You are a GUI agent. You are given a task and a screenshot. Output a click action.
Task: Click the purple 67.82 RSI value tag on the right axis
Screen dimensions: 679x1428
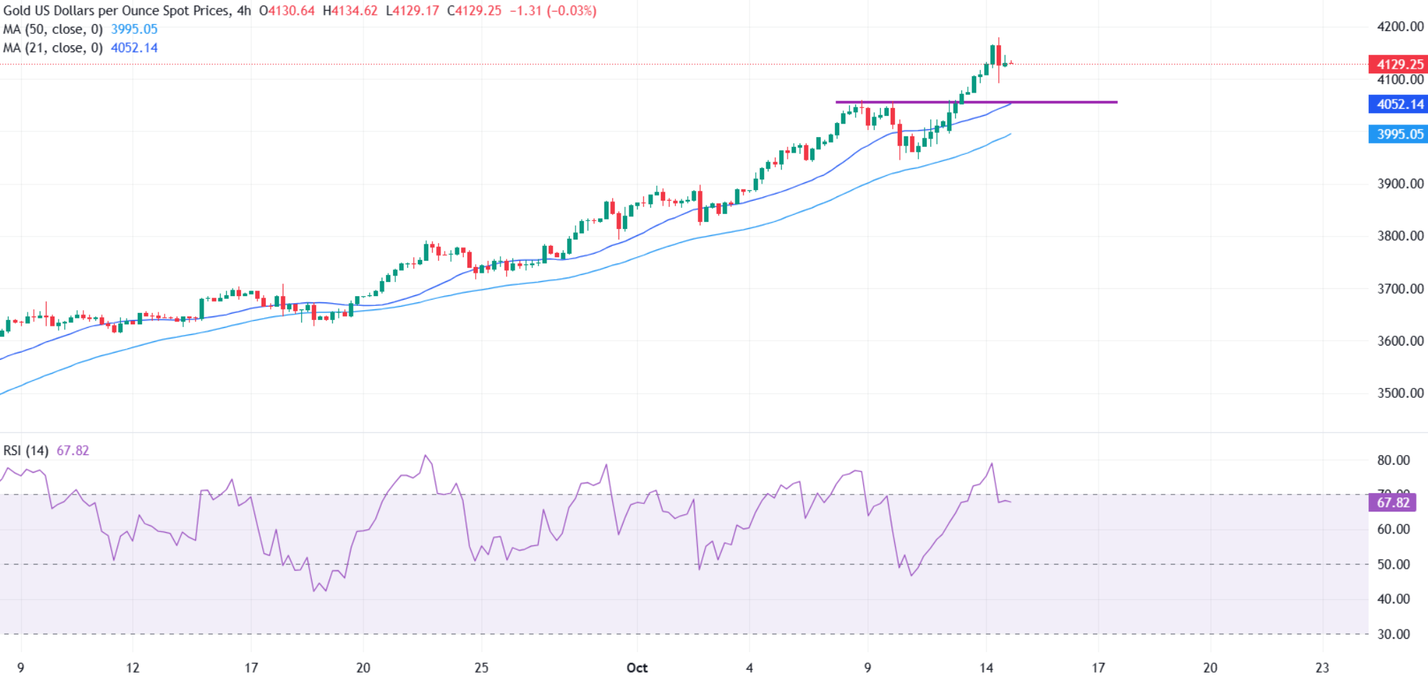pos(1392,502)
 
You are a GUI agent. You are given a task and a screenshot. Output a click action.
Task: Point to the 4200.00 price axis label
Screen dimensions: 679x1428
pos(1400,27)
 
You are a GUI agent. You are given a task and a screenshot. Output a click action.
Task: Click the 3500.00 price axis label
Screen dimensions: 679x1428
pos(1400,393)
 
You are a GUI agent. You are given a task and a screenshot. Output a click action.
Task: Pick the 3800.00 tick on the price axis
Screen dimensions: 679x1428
pos(1400,236)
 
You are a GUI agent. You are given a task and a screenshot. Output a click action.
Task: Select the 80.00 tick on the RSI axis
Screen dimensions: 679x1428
pos(1393,460)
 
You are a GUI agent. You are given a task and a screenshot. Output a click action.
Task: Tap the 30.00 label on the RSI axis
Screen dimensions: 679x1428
pos(1393,634)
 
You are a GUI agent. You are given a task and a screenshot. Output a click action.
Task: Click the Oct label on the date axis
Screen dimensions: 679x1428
pos(636,668)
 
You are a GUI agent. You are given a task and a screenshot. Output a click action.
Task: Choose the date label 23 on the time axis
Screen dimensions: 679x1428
pos(1322,668)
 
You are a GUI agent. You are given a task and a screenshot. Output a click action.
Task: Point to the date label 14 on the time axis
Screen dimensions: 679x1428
pos(986,668)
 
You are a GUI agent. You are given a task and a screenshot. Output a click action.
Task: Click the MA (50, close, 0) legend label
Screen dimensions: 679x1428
pos(53,30)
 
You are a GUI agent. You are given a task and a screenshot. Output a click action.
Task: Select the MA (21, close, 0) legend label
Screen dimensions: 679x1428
pos(53,48)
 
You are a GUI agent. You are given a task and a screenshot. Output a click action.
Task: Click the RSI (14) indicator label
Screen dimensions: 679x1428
pos(26,451)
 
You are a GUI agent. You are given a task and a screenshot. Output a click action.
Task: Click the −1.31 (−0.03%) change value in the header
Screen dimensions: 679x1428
pos(552,11)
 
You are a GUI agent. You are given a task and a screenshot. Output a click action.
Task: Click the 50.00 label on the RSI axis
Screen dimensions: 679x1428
pos(1393,564)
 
